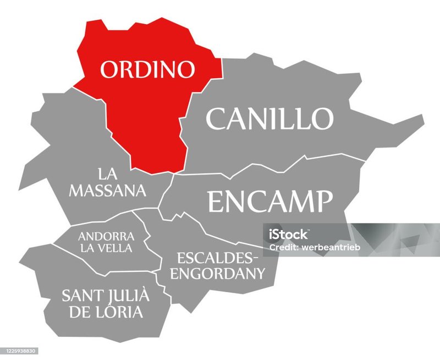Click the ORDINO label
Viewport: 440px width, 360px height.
coord(147,70)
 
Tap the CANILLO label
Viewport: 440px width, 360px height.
coord(269,118)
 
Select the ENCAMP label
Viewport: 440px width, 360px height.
coord(270,201)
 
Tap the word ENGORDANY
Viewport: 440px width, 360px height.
coord(218,272)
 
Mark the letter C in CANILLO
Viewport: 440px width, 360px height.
coord(216,118)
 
